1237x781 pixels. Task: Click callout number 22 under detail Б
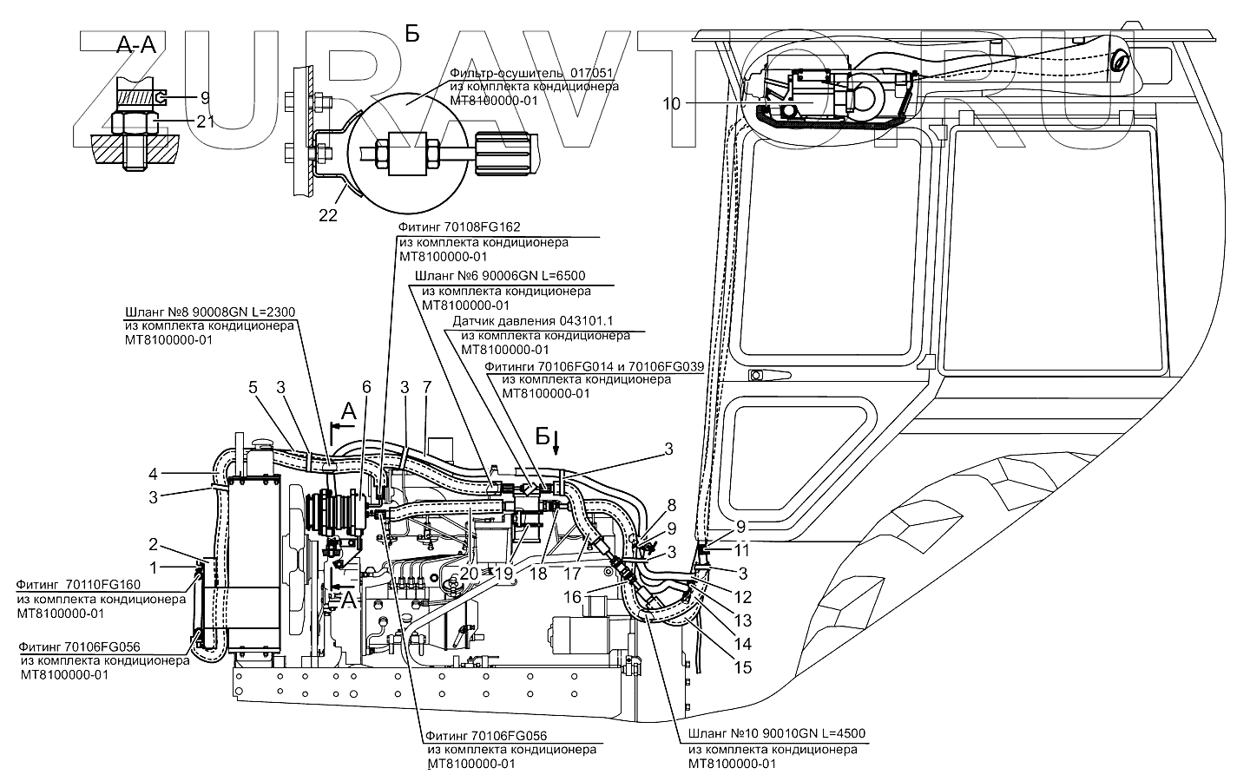[327, 216]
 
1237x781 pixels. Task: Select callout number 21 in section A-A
[206, 121]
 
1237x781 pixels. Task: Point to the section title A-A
[137, 46]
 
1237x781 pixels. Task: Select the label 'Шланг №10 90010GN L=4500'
[777, 733]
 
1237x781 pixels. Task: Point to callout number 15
[742, 668]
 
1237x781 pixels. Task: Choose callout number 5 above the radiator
[253, 387]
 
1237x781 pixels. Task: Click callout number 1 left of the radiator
[153, 568]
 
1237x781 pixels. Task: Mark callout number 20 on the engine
[469, 573]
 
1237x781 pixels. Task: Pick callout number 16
[597, 596]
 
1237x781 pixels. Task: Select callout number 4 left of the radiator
[153, 474]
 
